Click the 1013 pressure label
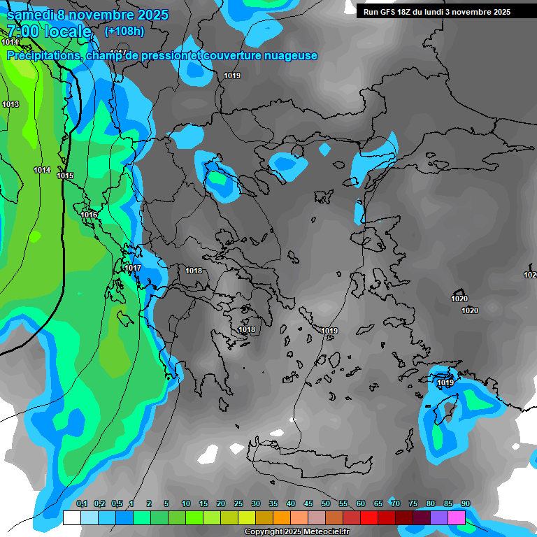10,104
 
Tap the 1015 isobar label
65,176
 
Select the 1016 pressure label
89,215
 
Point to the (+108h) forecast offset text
124,31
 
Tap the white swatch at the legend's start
71,517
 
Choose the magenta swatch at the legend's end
457,517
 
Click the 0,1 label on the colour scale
81,503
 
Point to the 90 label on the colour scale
466,503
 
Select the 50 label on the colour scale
326,503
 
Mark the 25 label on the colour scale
238,503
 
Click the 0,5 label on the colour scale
116,503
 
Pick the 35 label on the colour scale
273,503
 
